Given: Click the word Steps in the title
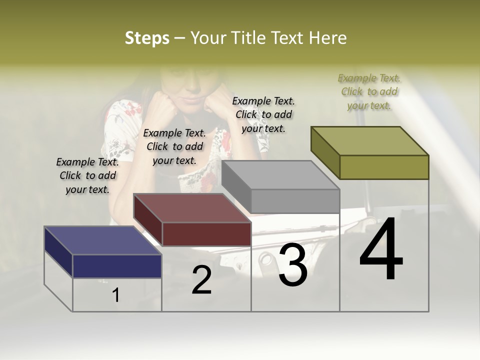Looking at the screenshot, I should [x=147, y=38].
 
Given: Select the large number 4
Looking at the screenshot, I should [x=381, y=250].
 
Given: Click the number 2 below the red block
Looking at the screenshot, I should [x=201, y=280].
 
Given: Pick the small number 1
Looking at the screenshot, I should [x=116, y=295].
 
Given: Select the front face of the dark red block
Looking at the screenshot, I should [x=206, y=234].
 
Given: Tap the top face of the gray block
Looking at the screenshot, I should [x=280, y=175].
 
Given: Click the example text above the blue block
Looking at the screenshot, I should [x=87, y=175].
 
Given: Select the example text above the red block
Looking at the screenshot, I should [x=174, y=146].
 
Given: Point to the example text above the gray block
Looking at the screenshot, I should [x=263, y=114].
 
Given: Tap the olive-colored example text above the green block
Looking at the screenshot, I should [x=369, y=91].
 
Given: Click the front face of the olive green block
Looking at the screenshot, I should [x=384, y=167].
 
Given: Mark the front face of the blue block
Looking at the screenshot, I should [x=117, y=266].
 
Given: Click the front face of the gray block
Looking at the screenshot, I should [x=295, y=201].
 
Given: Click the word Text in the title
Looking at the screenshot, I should [x=290, y=38].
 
